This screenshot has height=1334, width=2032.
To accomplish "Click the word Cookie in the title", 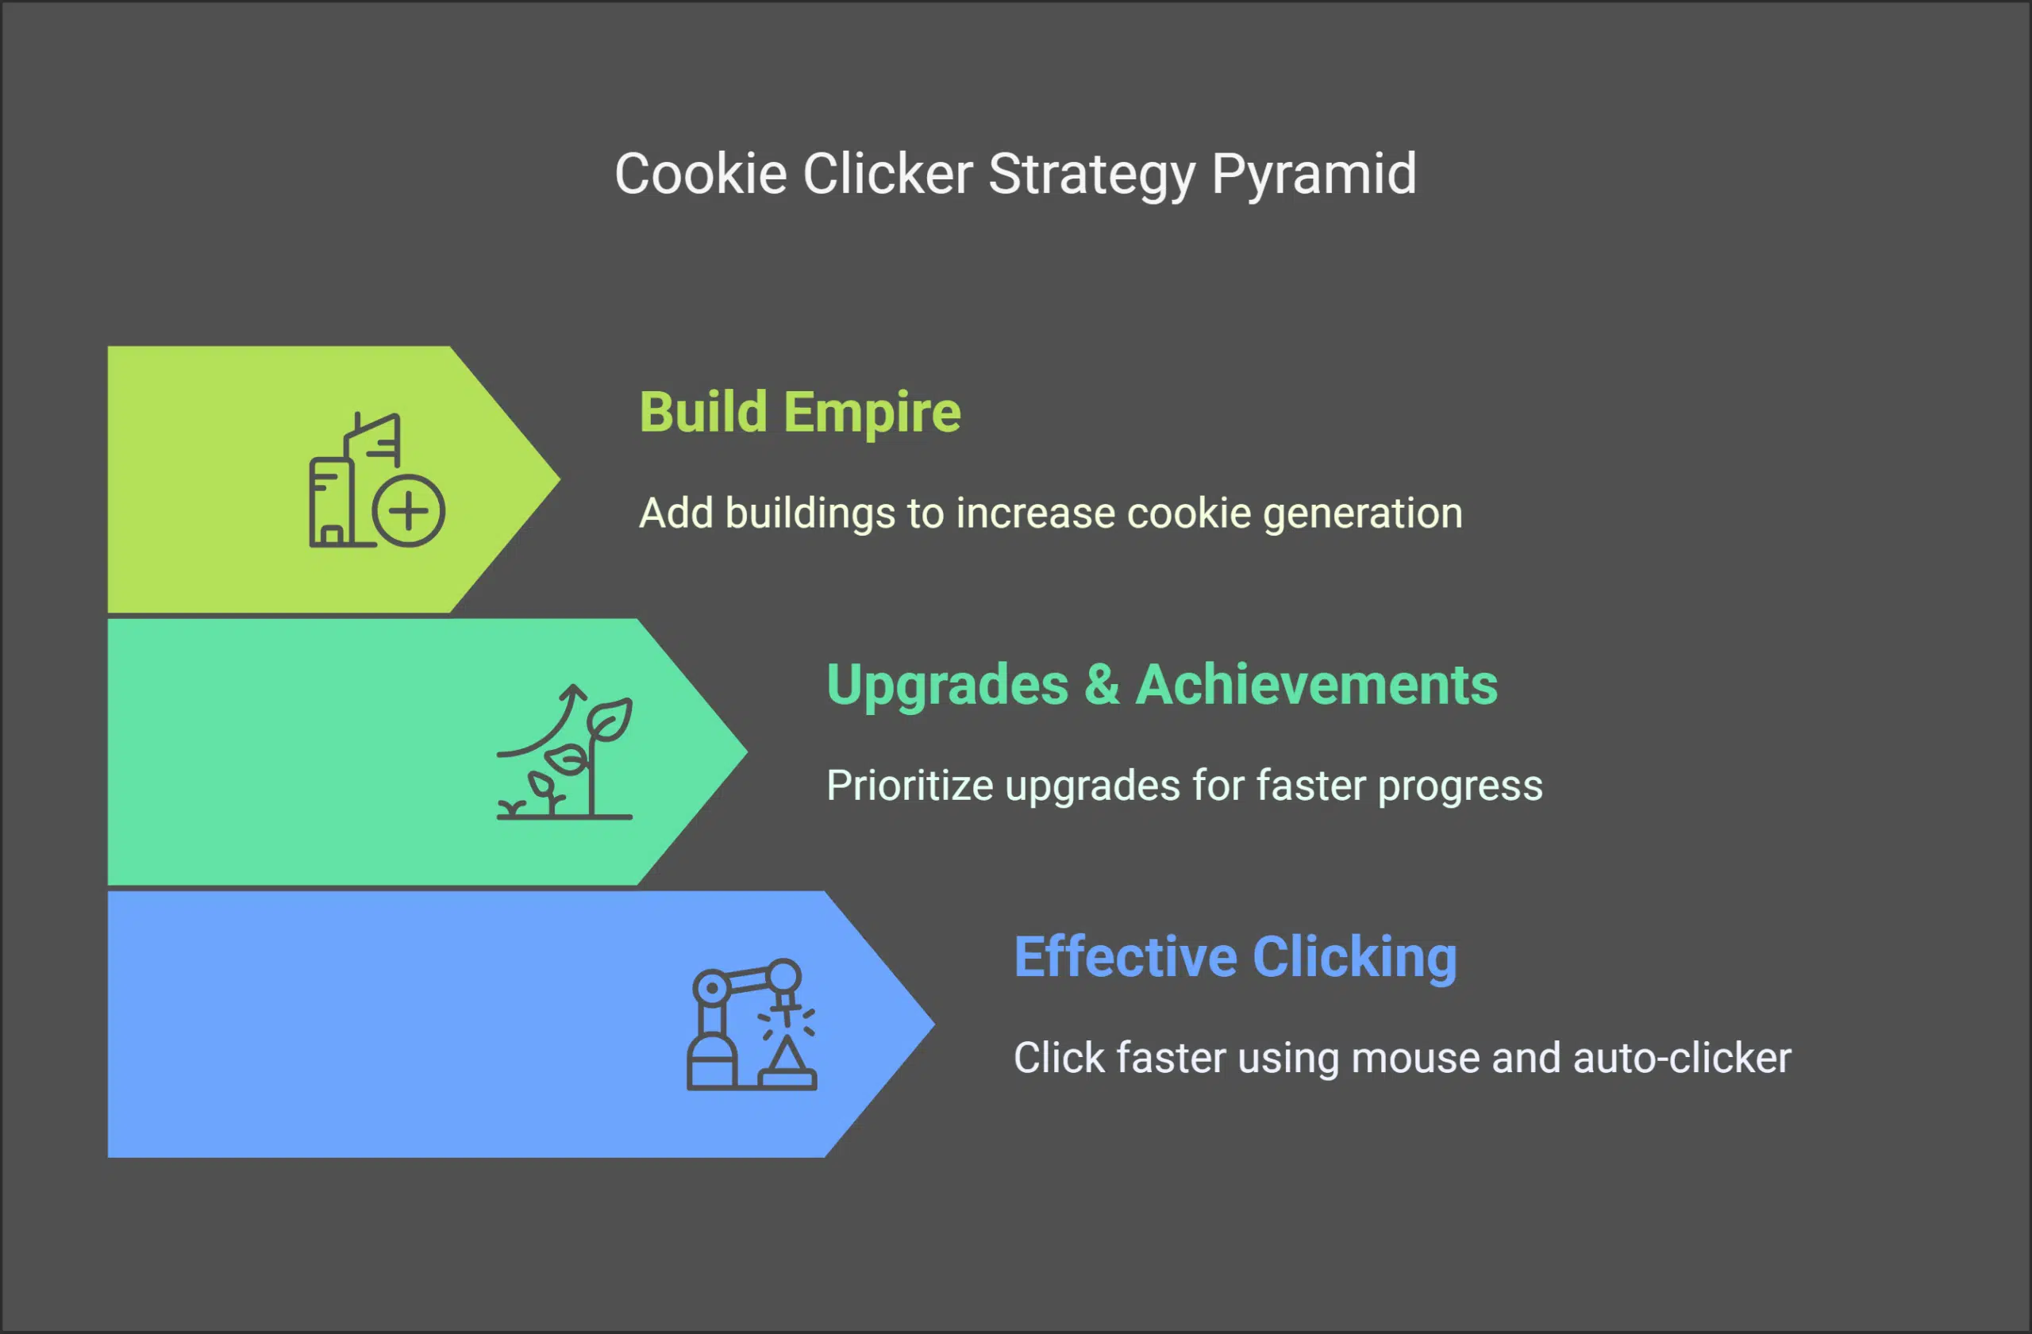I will pos(700,175).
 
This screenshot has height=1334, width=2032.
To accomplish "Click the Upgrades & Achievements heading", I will pos(1161,685).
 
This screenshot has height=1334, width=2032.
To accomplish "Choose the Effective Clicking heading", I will pos(1234,957).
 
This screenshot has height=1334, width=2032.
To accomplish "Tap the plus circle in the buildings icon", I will pos(409,510).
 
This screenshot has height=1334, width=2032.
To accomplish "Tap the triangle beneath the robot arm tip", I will pos(787,1058).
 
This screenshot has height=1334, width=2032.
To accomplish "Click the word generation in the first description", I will pos(1363,513).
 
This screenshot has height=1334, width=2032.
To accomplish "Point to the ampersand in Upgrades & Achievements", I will pos(1102,685).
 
